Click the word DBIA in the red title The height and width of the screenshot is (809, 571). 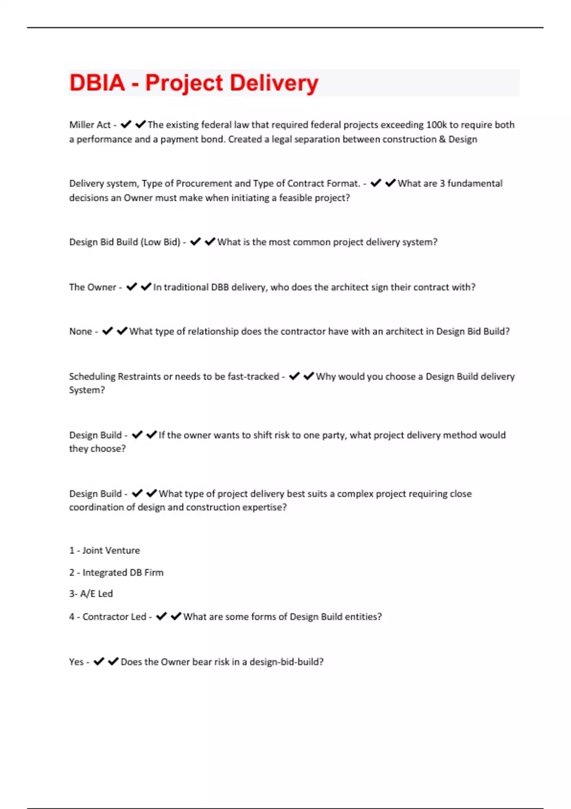[97, 83]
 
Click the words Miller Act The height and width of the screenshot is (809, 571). [90, 125]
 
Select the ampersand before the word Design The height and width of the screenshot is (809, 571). [442, 139]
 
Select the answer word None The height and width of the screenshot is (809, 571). [80, 332]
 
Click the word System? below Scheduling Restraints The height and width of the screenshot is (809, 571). [87, 390]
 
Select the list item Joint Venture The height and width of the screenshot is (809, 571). [111, 551]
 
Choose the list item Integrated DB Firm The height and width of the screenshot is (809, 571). [123, 572]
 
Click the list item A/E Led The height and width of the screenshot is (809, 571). [97, 594]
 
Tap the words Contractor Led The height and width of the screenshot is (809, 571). [114, 617]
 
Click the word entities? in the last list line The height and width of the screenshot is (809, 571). [363, 617]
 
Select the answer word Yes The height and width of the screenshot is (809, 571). [76, 662]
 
